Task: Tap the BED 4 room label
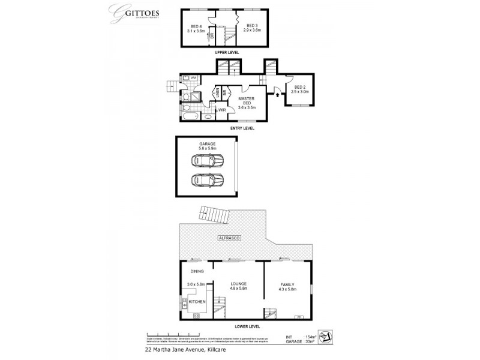tap(196, 28)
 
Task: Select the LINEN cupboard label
tap(217, 92)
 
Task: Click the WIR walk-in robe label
tap(221, 110)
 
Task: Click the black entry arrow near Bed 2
tap(277, 93)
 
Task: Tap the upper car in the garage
tap(207, 160)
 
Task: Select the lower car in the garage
tap(207, 179)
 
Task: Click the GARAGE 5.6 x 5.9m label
tap(207, 146)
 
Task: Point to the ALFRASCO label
tap(229, 239)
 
